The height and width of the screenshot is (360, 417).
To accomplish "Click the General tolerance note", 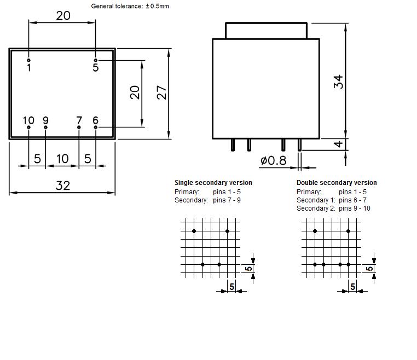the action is click(130, 6).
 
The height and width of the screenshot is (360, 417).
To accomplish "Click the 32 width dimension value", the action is click(63, 185).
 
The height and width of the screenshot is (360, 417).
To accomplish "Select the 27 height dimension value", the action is click(161, 92).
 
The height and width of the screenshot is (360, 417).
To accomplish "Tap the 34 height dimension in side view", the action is click(338, 82).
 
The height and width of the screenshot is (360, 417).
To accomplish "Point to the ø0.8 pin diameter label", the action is click(274, 160).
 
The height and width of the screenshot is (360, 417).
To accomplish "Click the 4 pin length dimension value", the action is click(338, 144).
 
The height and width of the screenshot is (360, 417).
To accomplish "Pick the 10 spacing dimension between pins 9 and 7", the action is click(62, 159).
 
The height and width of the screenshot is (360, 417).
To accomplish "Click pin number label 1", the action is click(29, 67).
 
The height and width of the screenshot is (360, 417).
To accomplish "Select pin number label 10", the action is click(28, 120).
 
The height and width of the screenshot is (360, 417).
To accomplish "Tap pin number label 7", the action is click(79, 120).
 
